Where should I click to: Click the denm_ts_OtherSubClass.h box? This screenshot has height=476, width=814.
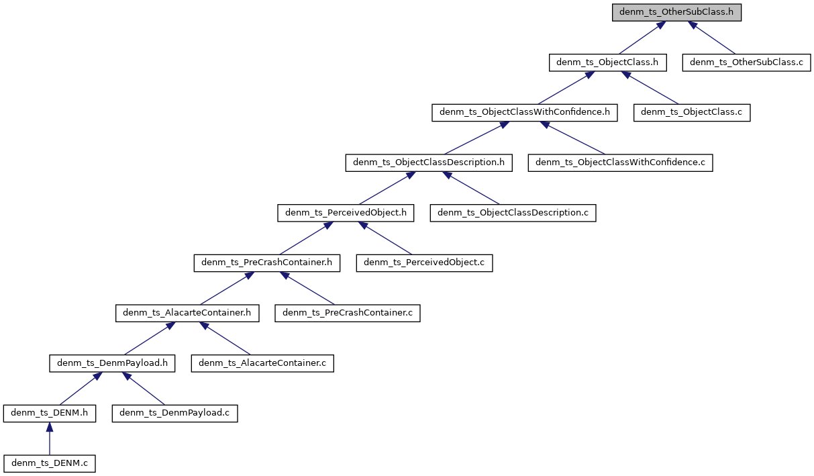(x=676, y=13)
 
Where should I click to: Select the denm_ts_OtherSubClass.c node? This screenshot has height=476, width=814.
(x=747, y=62)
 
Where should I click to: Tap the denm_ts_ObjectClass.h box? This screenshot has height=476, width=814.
(x=608, y=62)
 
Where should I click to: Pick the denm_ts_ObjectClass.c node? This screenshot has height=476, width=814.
(x=692, y=113)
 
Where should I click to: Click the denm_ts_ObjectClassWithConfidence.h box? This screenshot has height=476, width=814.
(x=524, y=113)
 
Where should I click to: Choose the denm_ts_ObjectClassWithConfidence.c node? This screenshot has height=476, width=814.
(x=620, y=162)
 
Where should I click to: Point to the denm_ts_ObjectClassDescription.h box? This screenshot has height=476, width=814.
(x=429, y=162)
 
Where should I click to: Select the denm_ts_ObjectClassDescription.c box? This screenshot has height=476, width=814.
(x=513, y=213)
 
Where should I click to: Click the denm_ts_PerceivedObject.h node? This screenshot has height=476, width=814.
(x=346, y=213)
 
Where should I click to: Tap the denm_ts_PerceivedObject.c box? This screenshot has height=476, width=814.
(x=424, y=263)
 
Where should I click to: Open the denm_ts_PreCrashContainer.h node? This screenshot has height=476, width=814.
(x=267, y=263)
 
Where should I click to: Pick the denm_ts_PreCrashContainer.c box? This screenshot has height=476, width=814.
(x=347, y=313)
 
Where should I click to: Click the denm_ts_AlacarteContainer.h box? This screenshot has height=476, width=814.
(x=187, y=313)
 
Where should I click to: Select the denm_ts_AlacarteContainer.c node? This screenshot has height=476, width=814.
(x=262, y=363)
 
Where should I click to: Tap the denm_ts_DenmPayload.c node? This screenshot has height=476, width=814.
(x=175, y=414)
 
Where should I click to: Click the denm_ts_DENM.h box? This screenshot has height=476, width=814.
(x=49, y=414)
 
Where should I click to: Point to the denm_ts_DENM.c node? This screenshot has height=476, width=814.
(x=49, y=463)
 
